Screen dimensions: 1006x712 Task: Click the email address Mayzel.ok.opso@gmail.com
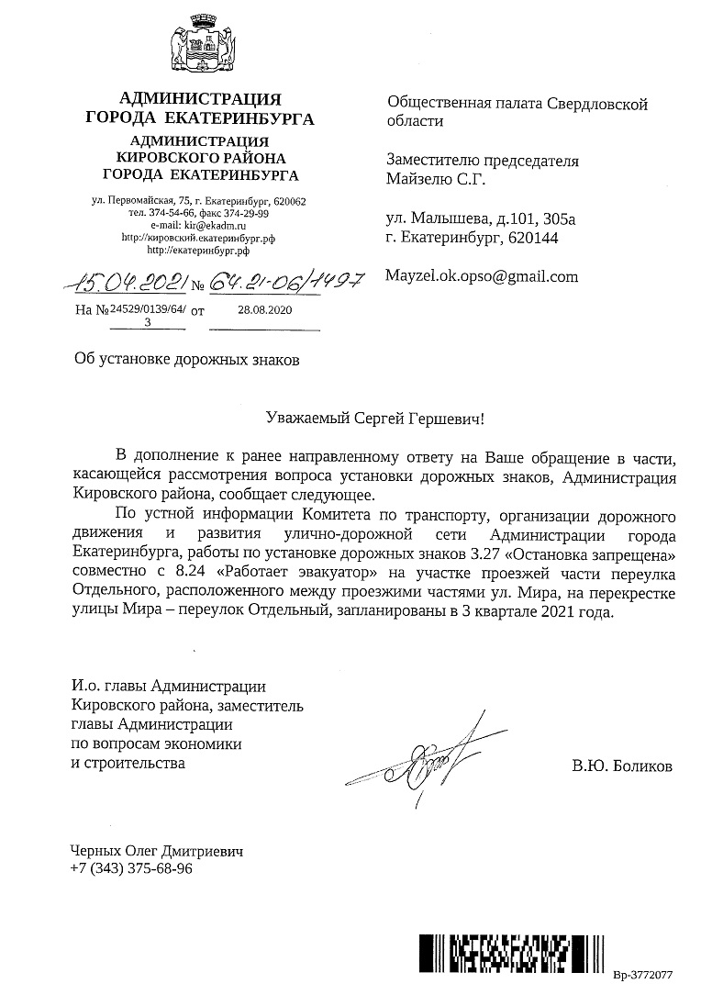(482, 275)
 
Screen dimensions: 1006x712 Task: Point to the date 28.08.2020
(264, 311)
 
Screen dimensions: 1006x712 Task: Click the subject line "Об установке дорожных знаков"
(186, 358)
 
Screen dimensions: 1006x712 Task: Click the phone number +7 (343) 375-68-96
(131, 868)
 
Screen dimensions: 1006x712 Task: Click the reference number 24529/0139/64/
(148, 311)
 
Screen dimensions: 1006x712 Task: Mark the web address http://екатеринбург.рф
(198, 249)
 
